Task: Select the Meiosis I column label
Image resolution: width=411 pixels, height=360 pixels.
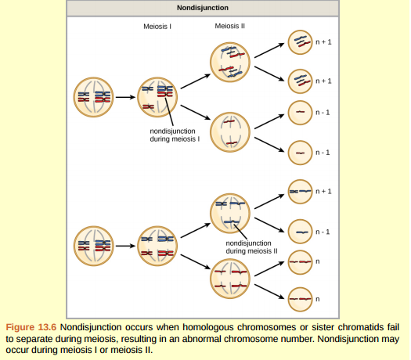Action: (x=157, y=26)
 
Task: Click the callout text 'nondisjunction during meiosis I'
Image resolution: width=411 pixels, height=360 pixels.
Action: (x=175, y=135)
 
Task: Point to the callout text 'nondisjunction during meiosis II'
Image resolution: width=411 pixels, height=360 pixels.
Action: (x=252, y=247)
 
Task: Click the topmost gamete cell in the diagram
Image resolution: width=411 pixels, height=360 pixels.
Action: (x=301, y=41)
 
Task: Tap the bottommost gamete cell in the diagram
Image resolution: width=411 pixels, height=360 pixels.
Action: (x=301, y=298)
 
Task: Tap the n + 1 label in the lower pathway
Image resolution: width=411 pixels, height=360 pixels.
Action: (x=323, y=191)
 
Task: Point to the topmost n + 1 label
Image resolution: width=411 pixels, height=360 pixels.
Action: (x=323, y=41)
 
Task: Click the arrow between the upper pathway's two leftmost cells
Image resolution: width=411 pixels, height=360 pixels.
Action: (x=125, y=97)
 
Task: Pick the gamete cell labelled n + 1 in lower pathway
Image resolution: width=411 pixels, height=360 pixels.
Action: (x=301, y=190)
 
